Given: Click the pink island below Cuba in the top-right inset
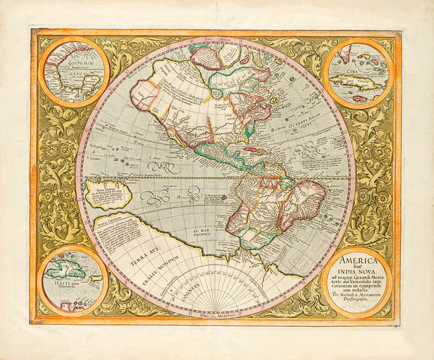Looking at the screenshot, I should (x=360, y=98).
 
